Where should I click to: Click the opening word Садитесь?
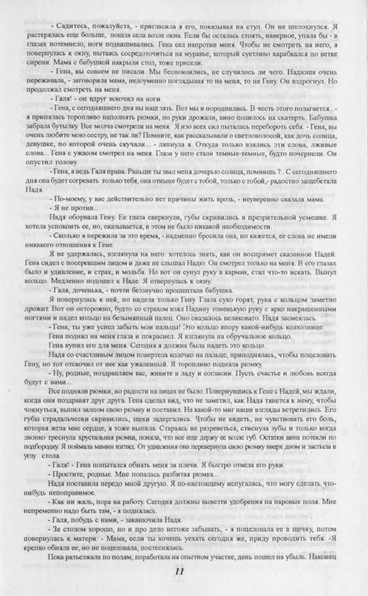click(x=69, y=26)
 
